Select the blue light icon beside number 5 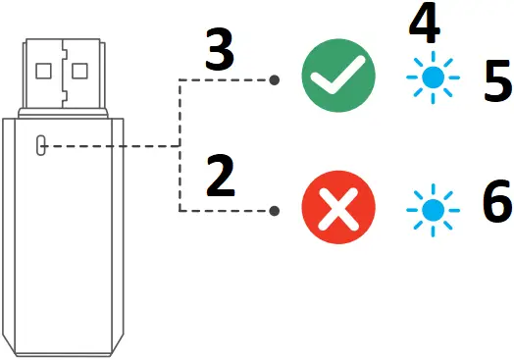click(x=431, y=79)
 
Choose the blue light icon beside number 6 click(x=431, y=210)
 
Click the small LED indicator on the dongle click(x=40, y=144)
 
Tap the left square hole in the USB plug click(x=43, y=71)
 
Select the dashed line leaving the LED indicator click(x=108, y=145)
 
